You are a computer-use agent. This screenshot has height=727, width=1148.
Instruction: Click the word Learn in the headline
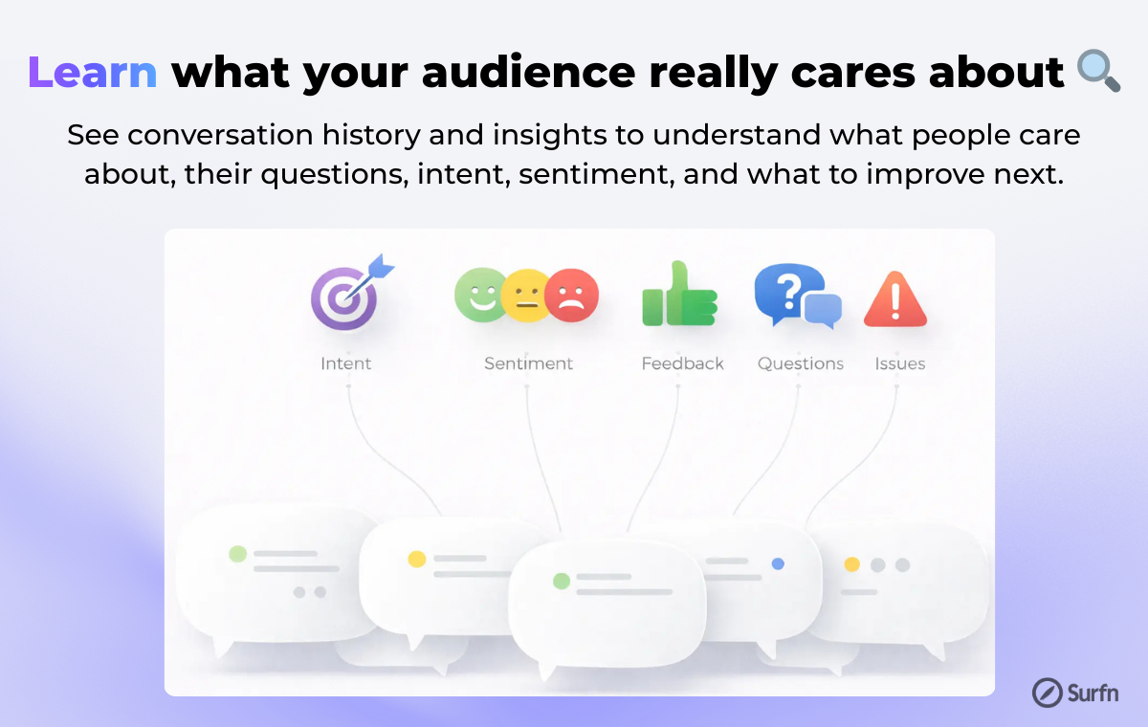pyautogui.click(x=93, y=73)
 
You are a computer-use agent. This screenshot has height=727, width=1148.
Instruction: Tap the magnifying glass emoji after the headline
pyautogui.click(x=1098, y=71)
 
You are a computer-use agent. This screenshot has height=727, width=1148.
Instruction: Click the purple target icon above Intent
pyautogui.click(x=343, y=297)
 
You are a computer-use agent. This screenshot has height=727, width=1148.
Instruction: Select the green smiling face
pyautogui.click(x=480, y=295)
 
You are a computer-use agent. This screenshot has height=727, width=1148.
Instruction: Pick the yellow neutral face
pyautogui.click(x=526, y=296)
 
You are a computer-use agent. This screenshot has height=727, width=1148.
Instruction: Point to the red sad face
pyautogui.click(x=571, y=295)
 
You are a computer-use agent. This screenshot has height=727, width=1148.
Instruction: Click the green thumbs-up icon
pyautogui.click(x=679, y=294)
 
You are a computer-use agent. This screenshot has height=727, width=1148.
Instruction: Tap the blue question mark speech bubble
pyautogui.click(x=789, y=292)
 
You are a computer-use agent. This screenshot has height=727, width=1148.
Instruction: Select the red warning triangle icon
pyautogui.click(x=895, y=299)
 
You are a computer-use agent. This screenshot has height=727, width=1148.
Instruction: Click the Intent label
pyautogui.click(x=346, y=363)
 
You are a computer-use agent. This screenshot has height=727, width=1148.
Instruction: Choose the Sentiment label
pyautogui.click(x=528, y=363)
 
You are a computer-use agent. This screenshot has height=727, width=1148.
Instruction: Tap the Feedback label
pyautogui.click(x=683, y=363)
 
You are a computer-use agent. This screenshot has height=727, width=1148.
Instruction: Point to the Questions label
pyautogui.click(x=801, y=363)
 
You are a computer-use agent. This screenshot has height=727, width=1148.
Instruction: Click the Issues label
pyautogui.click(x=900, y=363)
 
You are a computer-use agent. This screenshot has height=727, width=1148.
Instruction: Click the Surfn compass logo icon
pyautogui.click(x=1047, y=693)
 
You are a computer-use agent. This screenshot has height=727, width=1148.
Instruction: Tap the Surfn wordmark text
pyautogui.click(x=1093, y=694)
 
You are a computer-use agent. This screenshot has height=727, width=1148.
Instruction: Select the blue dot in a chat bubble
pyautogui.click(x=778, y=563)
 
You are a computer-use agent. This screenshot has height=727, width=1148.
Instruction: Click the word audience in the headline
pyautogui.click(x=528, y=73)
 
